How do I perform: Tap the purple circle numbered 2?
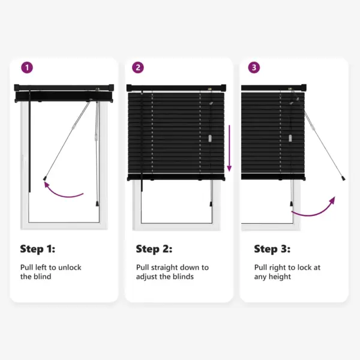(x=139, y=68)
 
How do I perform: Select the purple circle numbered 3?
(x=254, y=68)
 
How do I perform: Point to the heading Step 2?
(x=154, y=249)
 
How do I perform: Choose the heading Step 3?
(x=272, y=249)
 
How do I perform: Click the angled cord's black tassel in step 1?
(x=46, y=178)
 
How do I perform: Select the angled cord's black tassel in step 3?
(x=343, y=179)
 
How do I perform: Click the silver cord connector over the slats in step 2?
(x=209, y=137)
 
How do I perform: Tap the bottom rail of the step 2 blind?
(x=177, y=176)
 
